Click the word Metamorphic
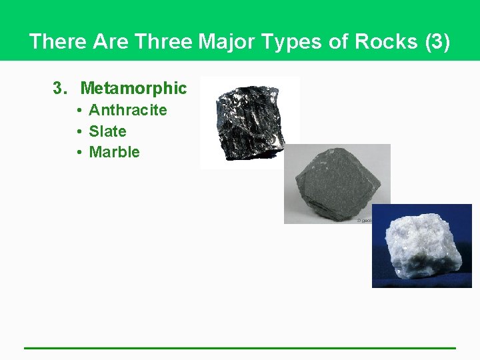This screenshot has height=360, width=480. [133, 88]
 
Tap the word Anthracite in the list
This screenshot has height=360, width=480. [127, 110]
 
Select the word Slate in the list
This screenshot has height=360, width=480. [107, 131]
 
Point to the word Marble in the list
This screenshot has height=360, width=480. [114, 152]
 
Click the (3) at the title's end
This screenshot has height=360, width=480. [437, 41]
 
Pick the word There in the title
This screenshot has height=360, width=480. [59, 41]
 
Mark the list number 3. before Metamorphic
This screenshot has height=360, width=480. [61, 88]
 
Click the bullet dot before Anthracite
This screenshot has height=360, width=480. [79, 110]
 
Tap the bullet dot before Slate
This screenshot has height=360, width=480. [79, 131]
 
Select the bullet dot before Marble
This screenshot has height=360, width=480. [79, 152]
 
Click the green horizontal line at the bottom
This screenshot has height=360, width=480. [240, 347]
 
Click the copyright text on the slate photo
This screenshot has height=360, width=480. [365, 219]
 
